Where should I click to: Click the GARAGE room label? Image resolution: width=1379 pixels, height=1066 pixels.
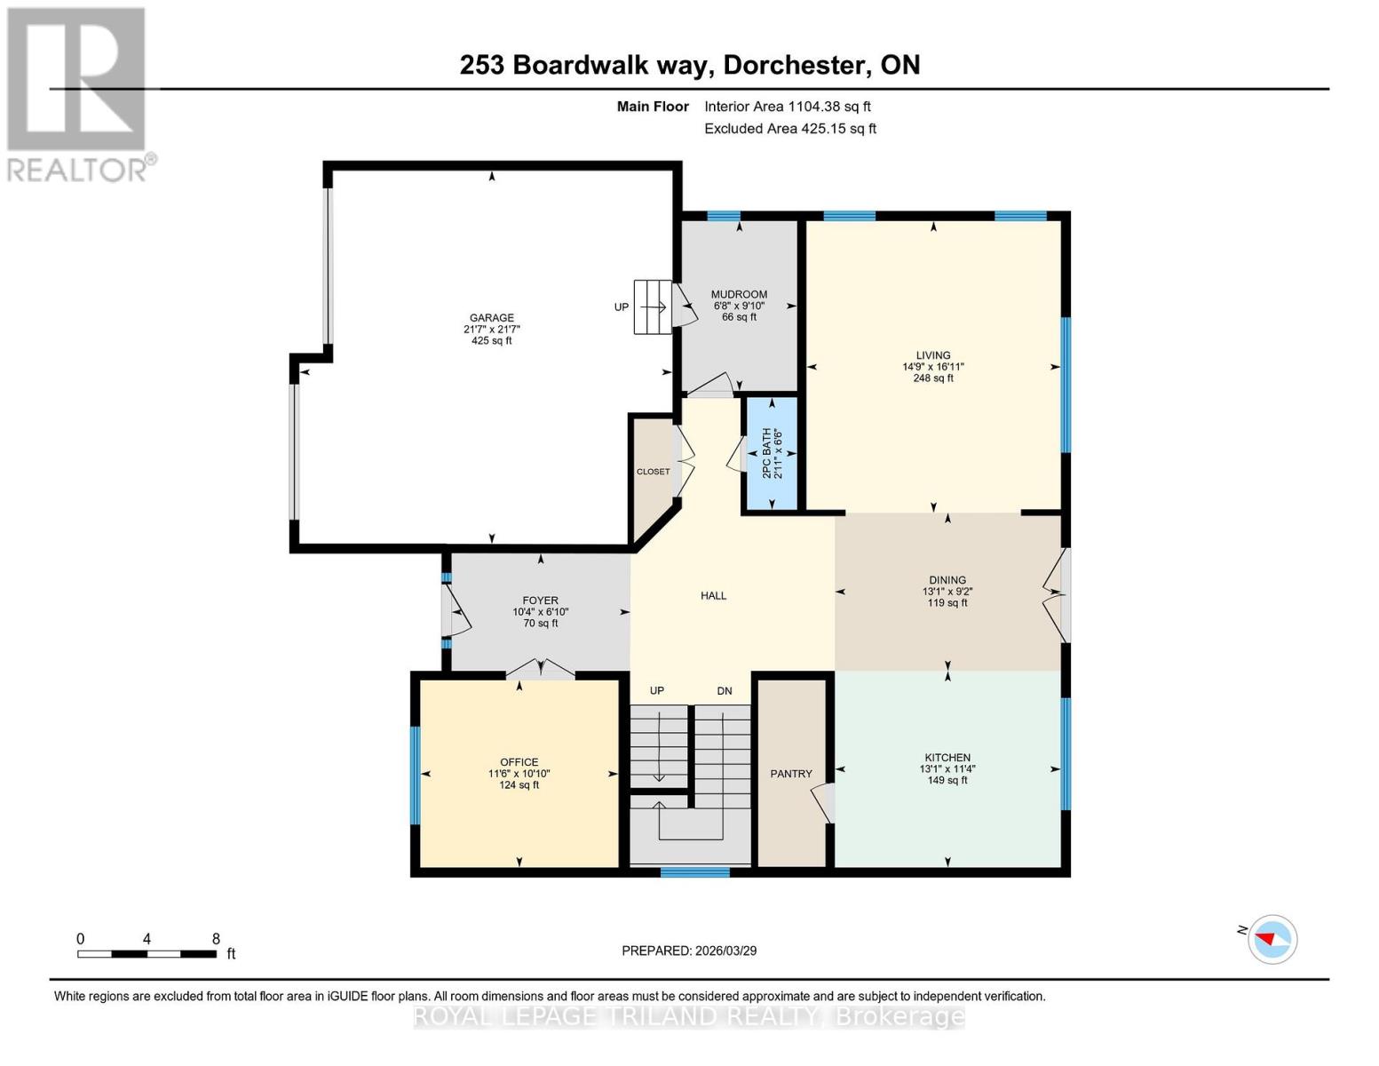491,318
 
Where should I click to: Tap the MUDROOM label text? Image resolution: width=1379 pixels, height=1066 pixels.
739,294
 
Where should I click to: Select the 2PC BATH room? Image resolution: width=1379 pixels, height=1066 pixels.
771,454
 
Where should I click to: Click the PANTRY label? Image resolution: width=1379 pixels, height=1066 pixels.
790,774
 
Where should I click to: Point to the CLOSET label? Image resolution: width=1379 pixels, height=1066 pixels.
653,472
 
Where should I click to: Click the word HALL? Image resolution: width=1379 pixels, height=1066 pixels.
713,596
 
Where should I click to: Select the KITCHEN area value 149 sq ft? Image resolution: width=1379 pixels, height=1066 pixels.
947,781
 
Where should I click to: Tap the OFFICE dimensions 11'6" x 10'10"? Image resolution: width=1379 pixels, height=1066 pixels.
519,774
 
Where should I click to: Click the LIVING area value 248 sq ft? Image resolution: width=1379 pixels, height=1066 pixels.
933,378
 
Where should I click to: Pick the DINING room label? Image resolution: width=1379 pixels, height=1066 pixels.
947,580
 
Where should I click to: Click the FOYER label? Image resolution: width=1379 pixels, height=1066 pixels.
540,601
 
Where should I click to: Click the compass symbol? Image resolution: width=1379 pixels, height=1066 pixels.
1272,939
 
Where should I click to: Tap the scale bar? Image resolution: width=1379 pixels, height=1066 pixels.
147,954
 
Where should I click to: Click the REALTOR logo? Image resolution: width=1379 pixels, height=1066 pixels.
78,93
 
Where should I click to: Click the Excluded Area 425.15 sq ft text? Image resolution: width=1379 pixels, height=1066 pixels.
789,129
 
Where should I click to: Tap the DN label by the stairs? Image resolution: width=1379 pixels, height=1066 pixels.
725,691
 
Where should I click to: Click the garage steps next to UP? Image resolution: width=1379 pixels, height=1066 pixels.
652,307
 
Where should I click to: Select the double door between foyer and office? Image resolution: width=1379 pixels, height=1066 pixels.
541,670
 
